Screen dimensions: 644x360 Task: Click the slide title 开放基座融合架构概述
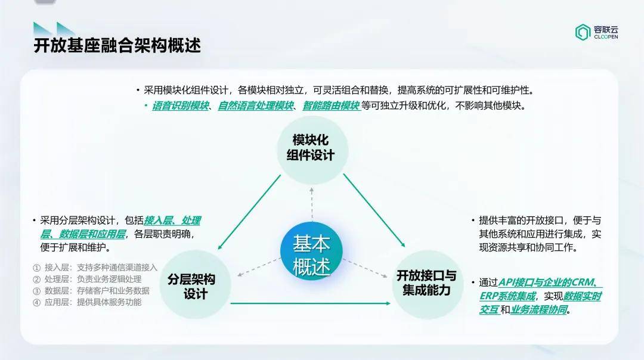tap(117, 45)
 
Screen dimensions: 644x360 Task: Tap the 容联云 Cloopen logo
tap(596, 32)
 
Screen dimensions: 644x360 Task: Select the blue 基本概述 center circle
tap(311, 251)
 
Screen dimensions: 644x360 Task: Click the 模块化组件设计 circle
tap(312, 150)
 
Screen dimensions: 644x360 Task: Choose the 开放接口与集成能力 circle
tap(427, 284)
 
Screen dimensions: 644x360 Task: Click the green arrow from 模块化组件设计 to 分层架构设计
tap(249, 212)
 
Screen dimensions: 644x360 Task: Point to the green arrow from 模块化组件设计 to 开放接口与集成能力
tap(374, 210)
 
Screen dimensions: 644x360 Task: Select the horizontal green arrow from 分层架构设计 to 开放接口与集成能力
tap(311, 303)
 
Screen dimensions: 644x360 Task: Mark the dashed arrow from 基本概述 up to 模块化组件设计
tap(312, 204)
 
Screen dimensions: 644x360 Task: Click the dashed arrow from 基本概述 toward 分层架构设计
tap(259, 267)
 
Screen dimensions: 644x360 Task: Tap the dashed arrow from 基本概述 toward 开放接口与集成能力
tap(365, 268)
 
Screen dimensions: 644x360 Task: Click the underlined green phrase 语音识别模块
tap(180, 106)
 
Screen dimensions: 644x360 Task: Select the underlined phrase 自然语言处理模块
tap(256, 106)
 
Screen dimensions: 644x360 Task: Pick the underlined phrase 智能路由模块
tap(331, 106)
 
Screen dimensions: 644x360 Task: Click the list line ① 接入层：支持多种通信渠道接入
tap(95, 268)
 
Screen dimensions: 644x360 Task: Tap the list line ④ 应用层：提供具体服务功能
tap(87, 303)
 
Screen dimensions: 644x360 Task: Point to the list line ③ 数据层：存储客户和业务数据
tap(91, 291)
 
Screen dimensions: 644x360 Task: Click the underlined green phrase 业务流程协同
tap(538, 309)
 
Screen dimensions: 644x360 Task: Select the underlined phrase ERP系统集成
tap(507, 296)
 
